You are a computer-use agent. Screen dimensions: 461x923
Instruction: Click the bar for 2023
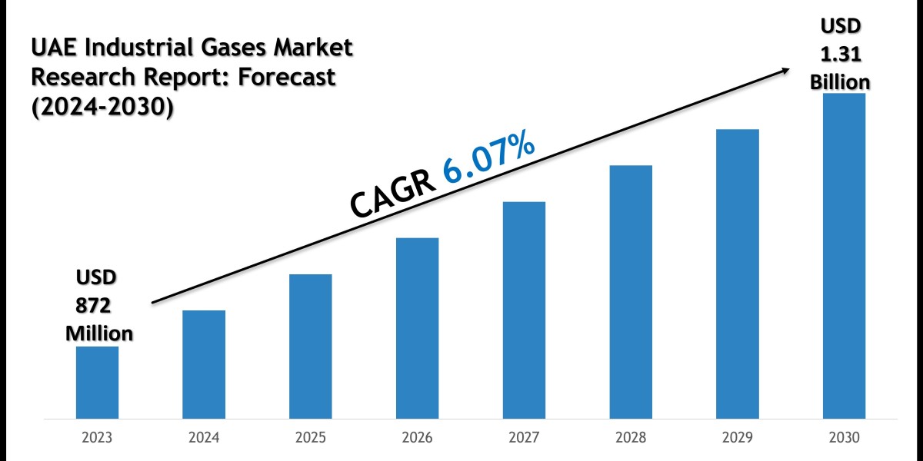point(98,382)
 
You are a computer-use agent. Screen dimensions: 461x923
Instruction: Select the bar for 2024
point(204,364)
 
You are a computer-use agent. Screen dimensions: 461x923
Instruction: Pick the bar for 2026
point(418,328)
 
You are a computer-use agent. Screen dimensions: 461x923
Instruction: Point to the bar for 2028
point(631,292)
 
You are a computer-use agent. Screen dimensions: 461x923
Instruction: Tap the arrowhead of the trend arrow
point(785,70)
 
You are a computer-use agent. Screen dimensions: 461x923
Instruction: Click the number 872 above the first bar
point(93,305)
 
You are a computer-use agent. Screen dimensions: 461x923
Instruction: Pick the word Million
point(98,333)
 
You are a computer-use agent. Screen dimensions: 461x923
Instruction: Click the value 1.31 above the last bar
point(841,54)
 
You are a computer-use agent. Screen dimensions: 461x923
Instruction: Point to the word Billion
point(841,81)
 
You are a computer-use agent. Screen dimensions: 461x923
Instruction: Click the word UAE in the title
point(52,49)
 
